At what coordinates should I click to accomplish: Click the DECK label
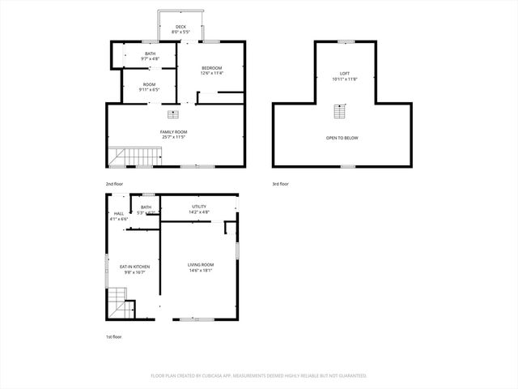pos(180,27)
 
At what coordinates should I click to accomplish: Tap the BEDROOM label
pos(212,68)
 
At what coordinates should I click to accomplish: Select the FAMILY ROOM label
pos(173,131)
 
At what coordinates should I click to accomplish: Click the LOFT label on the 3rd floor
pos(345,74)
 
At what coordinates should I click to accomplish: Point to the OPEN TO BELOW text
pos(342,138)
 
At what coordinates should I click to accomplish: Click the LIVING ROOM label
pos(201,265)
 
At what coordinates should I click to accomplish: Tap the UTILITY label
pos(199,207)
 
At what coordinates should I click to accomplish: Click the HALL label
pos(119,213)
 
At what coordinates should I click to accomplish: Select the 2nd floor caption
pos(115,184)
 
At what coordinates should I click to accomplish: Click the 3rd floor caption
pos(281,184)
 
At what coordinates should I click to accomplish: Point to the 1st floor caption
pos(114,336)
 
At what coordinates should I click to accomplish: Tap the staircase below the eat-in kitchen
pos(121,309)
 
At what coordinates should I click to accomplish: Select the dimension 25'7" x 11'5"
pos(173,137)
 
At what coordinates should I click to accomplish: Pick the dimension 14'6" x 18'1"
pos(201,271)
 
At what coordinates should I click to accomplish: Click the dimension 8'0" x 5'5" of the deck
pos(180,32)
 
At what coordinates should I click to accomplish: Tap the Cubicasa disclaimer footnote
pos(258,376)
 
